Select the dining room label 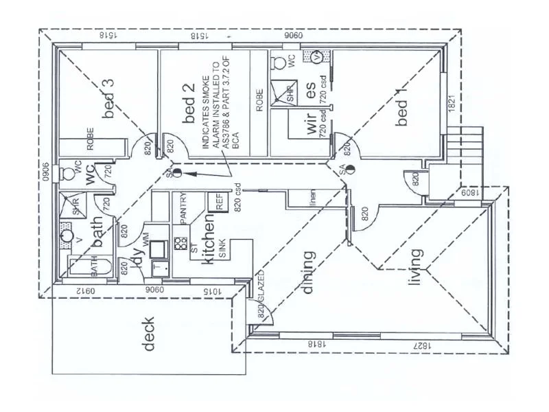click(309, 272)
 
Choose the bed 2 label click(190, 110)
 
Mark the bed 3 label click(108, 99)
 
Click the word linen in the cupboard click(312, 198)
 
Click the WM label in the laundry click(145, 240)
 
